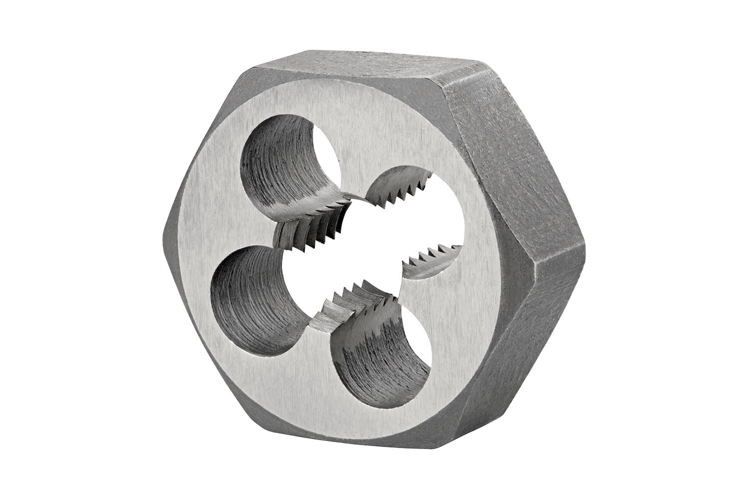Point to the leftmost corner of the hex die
[165, 234]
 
